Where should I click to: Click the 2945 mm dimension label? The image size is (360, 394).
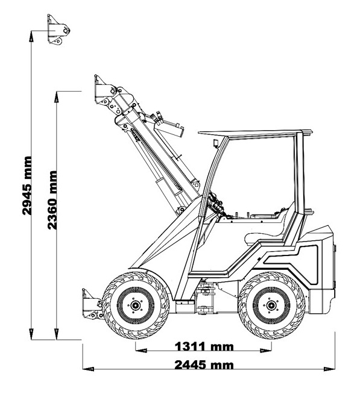(x=27, y=186)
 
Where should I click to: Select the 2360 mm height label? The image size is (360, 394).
(x=52, y=200)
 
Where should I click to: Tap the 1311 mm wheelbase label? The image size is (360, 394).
(x=204, y=346)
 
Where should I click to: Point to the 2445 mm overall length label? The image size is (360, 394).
(x=204, y=365)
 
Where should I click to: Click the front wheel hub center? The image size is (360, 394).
(x=135, y=305)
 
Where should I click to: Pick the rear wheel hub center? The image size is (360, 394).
(x=271, y=305)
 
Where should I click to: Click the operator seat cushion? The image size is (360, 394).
(x=264, y=238)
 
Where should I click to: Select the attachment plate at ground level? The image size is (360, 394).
(x=92, y=304)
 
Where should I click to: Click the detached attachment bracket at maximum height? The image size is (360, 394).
(x=58, y=30)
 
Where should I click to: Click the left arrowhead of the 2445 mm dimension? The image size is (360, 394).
(x=88, y=369)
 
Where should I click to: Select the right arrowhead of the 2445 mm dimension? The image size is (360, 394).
(x=329, y=369)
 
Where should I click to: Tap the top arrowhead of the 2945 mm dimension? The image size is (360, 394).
(x=31, y=36)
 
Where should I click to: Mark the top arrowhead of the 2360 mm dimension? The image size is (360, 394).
(x=56, y=97)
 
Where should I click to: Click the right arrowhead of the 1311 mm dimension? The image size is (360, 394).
(x=266, y=350)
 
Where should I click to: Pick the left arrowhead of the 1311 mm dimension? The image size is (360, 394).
(x=141, y=350)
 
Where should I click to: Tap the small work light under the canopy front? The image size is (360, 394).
(x=216, y=143)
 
